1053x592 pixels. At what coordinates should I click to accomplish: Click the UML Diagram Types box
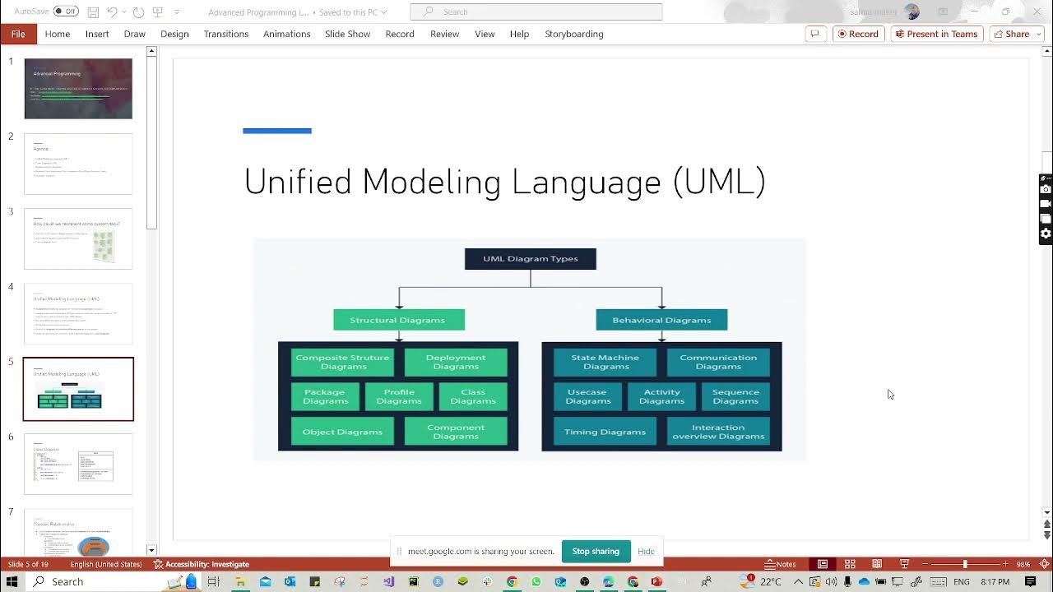pyautogui.click(x=531, y=259)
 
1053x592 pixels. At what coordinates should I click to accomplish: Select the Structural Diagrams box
pyautogui.click(x=399, y=320)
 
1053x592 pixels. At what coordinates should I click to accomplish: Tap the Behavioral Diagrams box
pyautogui.click(x=661, y=320)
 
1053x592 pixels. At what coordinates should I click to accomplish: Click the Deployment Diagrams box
pyautogui.click(x=456, y=362)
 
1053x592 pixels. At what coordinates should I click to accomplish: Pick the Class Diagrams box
pyautogui.click(x=473, y=396)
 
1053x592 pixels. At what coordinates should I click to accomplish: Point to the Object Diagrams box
pyautogui.click(x=342, y=432)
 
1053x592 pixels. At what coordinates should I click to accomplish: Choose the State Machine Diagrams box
pyautogui.click(x=605, y=362)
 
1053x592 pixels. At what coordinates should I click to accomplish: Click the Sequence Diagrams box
pyautogui.click(x=735, y=396)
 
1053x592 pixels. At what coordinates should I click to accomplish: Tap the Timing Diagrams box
pyautogui.click(x=605, y=432)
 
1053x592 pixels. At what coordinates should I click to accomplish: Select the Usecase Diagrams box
pyautogui.click(x=587, y=396)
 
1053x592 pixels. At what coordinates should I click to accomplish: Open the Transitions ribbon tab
pyautogui.click(x=226, y=34)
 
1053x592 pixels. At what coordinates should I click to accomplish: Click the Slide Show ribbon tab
pyautogui.click(x=347, y=34)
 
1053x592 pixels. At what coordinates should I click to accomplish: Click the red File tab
pyautogui.click(x=18, y=34)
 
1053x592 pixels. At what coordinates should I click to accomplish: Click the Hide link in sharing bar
pyautogui.click(x=646, y=551)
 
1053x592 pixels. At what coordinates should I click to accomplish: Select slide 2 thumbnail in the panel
pyautogui.click(x=78, y=164)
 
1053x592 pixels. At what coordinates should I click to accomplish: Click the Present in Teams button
pyautogui.click(x=937, y=34)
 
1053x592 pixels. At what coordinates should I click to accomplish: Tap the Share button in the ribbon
pyautogui.click(x=1012, y=34)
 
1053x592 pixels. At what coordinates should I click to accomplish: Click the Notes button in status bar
pyautogui.click(x=781, y=564)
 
